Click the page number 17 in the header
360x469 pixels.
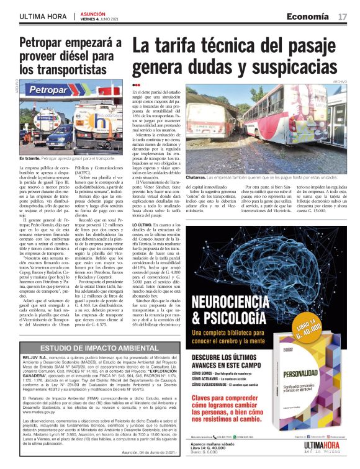[343, 16]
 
